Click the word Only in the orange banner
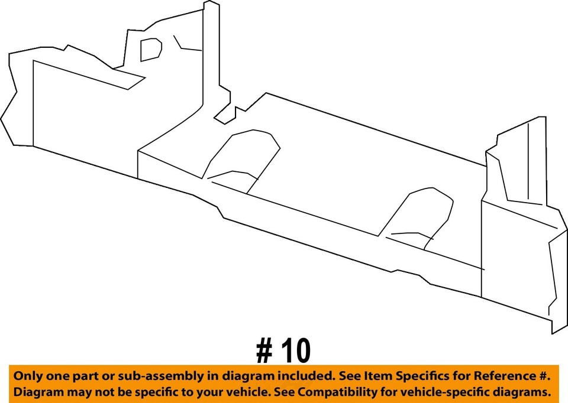(28, 376)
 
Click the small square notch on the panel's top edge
(235, 112)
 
